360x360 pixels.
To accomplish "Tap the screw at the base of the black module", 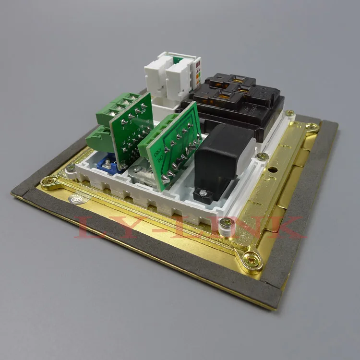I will click(204, 193).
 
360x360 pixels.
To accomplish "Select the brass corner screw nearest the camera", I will click(251, 259).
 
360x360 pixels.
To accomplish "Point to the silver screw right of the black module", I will click(262, 156).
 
